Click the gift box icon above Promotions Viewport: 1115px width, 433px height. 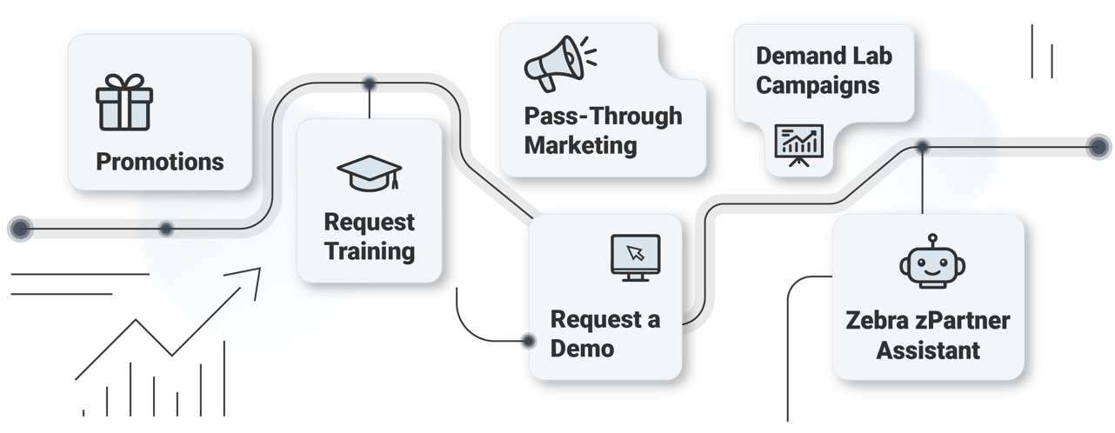tap(124, 102)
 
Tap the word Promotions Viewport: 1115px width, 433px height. tap(159, 162)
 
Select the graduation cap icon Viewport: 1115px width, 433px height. tap(369, 172)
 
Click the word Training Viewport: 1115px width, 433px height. tap(370, 252)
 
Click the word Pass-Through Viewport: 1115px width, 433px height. tap(603, 117)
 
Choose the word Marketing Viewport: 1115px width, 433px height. tap(580, 144)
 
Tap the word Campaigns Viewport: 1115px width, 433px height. tap(818, 85)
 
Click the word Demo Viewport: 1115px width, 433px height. tap(582, 348)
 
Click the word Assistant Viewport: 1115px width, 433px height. tap(928, 350)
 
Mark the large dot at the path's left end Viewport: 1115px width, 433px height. tap(19, 229)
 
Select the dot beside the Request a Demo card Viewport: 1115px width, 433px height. tap(527, 341)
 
